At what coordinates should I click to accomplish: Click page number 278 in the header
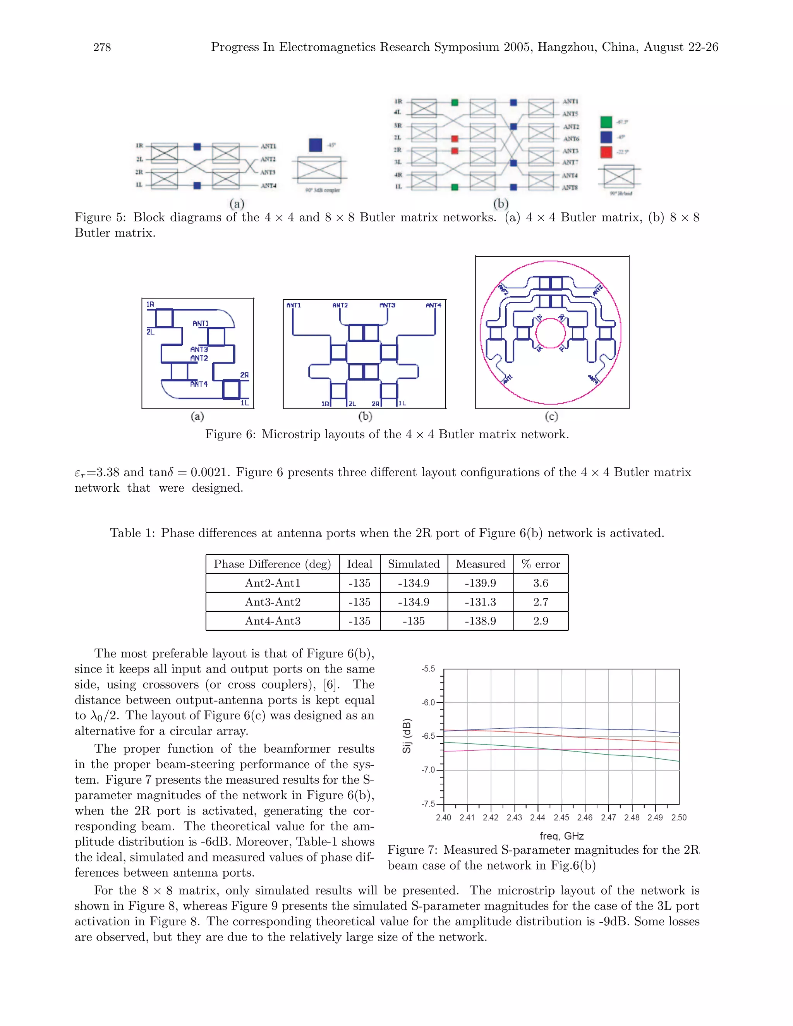pos(102,48)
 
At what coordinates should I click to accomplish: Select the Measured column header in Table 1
pos(480,564)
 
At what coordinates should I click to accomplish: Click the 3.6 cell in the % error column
pos(540,583)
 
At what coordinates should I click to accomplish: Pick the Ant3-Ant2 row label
pos(273,602)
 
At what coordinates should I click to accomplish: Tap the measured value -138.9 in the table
pos(480,621)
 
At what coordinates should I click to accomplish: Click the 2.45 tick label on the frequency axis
pos(561,818)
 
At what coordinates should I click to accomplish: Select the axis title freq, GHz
pos(561,836)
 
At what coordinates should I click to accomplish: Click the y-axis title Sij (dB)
pos(407,736)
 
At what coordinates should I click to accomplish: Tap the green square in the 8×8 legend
pos(606,122)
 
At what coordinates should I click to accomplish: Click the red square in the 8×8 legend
pos(606,152)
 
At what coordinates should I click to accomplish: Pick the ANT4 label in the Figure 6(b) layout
pos(433,305)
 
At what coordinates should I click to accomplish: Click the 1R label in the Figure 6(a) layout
pos(150,304)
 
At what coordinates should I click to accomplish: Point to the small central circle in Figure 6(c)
pos(550,333)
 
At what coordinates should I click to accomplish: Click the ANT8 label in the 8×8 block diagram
pos(570,187)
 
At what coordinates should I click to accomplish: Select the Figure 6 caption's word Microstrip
pos(289,434)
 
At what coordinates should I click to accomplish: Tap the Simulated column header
pos(414,564)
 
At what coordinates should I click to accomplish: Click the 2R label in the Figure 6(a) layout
pos(244,375)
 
